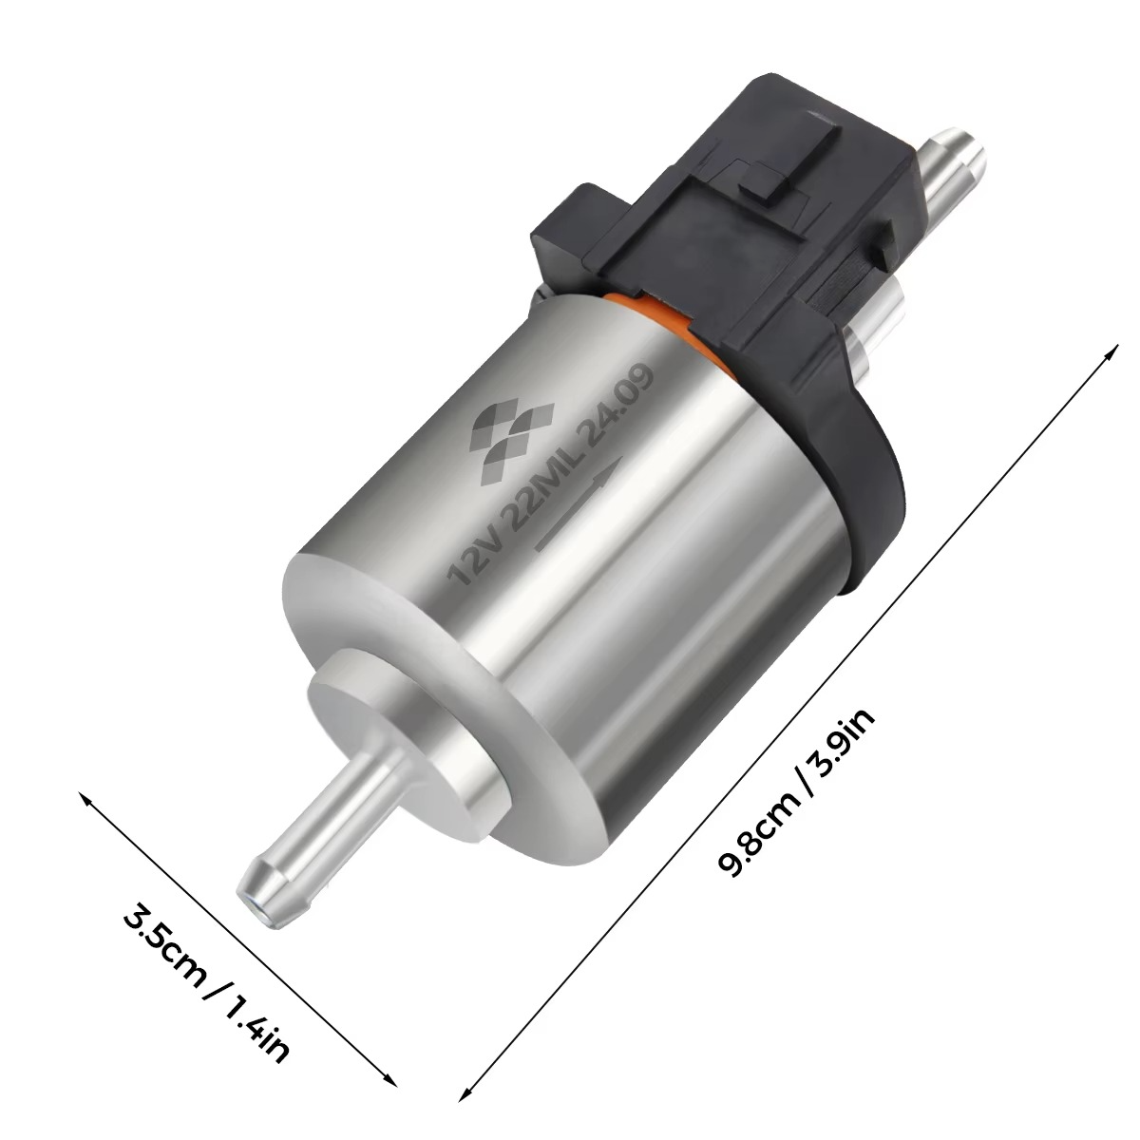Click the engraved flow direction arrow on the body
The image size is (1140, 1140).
[x=579, y=503]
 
